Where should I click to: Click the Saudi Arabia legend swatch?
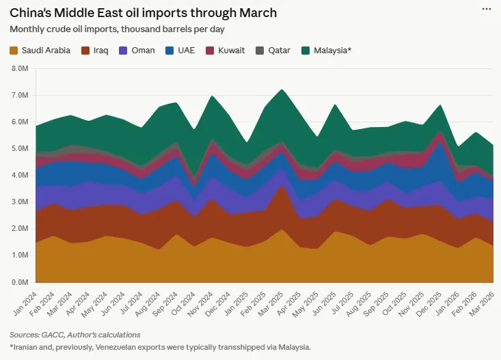tap(14, 50)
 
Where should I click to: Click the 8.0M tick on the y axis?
tap(18, 69)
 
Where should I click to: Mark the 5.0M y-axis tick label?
tap(18, 149)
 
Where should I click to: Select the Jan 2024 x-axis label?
tap(26, 300)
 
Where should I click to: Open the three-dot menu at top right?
tap(486, 9)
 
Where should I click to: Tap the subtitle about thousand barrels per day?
tap(118, 29)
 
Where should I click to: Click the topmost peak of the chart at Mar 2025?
tap(282, 89)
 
